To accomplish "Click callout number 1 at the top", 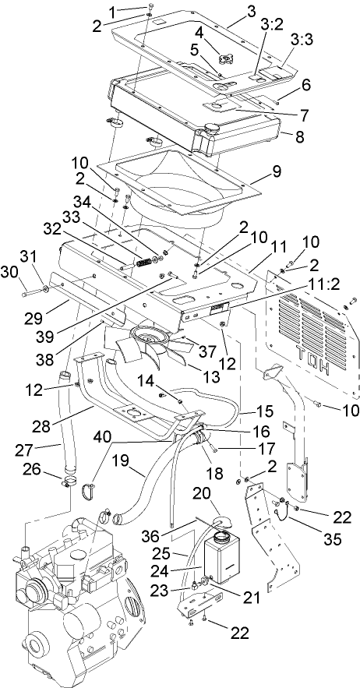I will coord(112,11).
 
